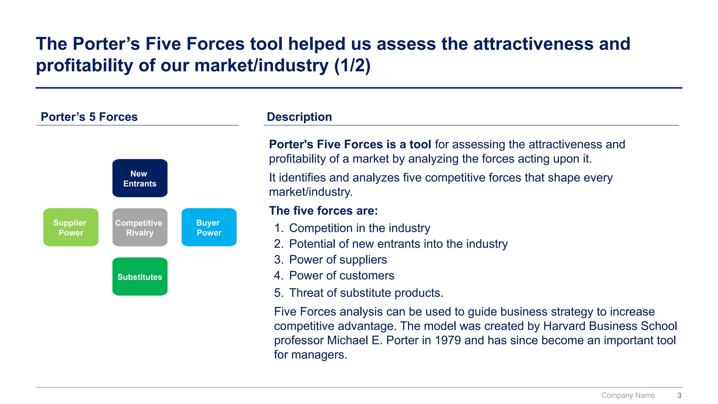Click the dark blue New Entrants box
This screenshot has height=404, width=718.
coord(140,178)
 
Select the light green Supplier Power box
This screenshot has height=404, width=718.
coord(71,227)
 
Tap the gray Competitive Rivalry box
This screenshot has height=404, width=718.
coord(140,227)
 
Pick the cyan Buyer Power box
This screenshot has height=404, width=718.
coord(209,227)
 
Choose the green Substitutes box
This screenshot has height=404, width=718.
coord(140,277)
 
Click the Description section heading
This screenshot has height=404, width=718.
coord(299,117)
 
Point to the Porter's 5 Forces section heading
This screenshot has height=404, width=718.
coord(89,117)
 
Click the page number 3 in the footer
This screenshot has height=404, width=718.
coord(679,396)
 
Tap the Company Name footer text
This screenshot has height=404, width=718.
coord(628,396)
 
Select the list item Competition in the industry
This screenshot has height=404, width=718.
coord(359,228)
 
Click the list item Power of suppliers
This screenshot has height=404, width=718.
coord(338,260)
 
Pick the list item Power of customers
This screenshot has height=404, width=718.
coord(341,276)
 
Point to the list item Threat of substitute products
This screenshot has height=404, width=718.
coord(366,293)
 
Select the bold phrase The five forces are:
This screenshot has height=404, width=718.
coord(323,211)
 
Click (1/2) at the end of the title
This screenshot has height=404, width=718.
coord(352,66)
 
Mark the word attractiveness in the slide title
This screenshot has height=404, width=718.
coord(533,44)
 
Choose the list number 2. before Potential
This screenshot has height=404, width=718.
coord(279,244)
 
